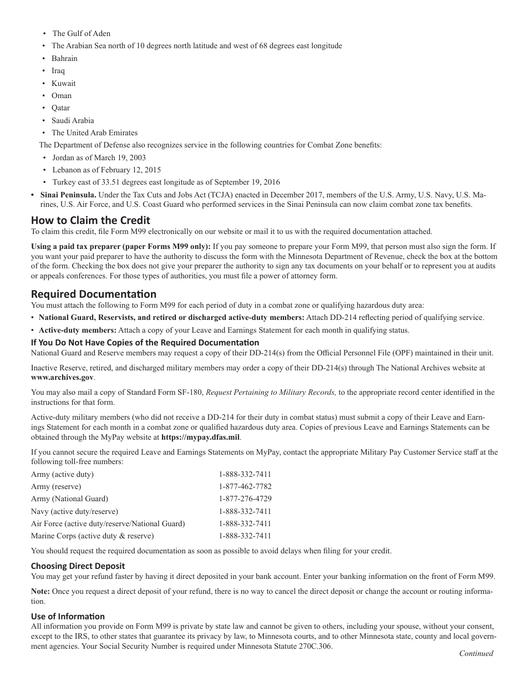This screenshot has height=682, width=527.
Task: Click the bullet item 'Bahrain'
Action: [64, 58]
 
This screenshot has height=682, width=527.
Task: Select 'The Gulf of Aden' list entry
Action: [81, 33]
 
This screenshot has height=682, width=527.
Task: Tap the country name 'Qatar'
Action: [60, 108]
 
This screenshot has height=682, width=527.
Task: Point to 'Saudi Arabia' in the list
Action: [73, 120]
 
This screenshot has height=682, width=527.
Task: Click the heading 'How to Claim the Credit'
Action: [90, 220]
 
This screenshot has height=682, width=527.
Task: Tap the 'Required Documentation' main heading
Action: [94, 294]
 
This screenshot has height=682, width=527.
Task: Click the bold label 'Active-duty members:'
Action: [74, 330]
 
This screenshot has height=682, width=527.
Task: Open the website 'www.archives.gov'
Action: [63, 377]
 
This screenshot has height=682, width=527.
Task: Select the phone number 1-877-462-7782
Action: [245, 486]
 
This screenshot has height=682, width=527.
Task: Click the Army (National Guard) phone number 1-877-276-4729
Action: [245, 498]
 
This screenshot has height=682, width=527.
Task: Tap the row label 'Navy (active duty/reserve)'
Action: [74, 511]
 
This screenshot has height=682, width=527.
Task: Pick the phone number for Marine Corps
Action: [245, 536]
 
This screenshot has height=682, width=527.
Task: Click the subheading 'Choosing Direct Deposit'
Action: [78, 566]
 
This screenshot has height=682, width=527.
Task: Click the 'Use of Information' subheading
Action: [68, 616]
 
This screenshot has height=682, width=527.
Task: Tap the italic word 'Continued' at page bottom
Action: [475, 653]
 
